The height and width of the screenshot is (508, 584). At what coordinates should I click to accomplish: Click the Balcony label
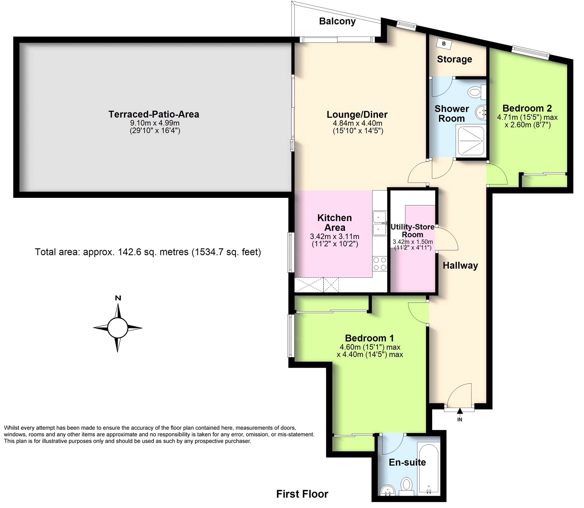click(x=337, y=22)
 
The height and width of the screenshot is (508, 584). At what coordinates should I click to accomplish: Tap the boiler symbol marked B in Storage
click(x=444, y=44)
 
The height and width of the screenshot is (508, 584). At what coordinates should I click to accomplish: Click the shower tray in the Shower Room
click(x=471, y=141)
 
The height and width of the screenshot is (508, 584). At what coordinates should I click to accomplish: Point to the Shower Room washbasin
click(x=481, y=111)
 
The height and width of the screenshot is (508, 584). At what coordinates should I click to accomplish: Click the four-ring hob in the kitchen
click(x=380, y=264)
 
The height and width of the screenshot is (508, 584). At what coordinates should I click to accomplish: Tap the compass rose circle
click(x=118, y=328)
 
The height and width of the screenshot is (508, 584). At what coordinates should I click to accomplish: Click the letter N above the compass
click(x=118, y=298)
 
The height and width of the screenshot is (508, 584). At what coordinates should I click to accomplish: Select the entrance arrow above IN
click(x=460, y=411)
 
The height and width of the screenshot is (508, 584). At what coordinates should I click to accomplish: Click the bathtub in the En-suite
click(x=429, y=469)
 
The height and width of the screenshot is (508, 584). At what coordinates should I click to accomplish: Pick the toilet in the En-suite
click(x=406, y=486)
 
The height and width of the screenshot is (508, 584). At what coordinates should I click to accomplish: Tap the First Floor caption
click(x=302, y=494)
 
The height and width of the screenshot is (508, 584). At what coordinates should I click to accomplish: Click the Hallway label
click(x=460, y=266)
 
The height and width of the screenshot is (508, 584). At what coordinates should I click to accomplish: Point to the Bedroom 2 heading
click(x=527, y=108)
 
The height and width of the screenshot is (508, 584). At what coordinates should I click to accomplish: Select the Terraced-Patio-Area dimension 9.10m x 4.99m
click(x=155, y=123)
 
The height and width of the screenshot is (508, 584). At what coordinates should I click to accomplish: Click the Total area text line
click(x=148, y=252)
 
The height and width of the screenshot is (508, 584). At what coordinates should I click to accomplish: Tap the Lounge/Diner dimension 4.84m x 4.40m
click(x=357, y=123)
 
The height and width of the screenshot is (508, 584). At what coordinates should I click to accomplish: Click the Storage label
click(x=454, y=59)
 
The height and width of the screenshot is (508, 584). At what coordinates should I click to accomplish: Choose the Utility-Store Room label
click(x=412, y=231)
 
